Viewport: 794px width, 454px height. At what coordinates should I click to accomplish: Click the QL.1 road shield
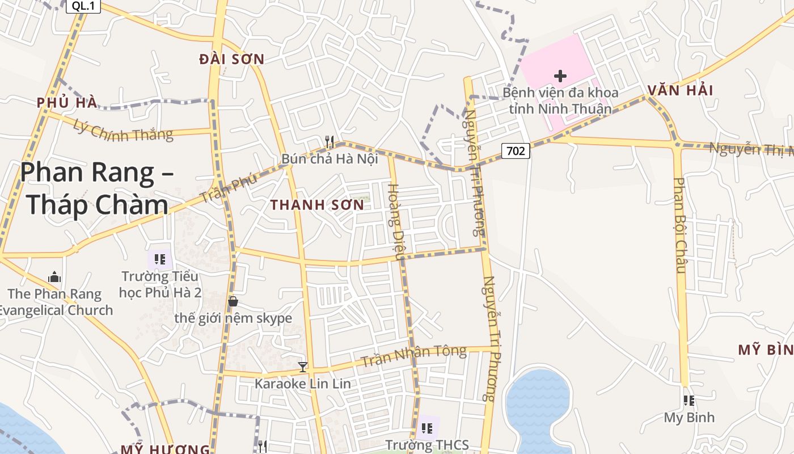point(83,6)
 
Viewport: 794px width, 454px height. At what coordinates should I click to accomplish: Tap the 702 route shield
point(516,150)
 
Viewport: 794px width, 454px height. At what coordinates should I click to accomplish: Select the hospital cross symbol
point(560,75)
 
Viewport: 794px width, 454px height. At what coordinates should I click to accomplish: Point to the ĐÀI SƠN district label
point(232,59)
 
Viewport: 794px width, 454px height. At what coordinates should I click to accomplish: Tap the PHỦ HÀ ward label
point(67,103)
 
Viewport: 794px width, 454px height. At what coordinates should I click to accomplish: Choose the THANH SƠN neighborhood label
point(317,205)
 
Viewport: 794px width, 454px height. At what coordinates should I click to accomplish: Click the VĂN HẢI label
point(680,90)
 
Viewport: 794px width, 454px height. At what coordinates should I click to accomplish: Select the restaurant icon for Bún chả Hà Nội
point(329,141)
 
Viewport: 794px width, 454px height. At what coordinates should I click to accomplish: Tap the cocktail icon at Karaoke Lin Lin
point(303,367)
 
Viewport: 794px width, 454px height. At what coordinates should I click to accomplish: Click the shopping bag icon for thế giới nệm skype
point(233,301)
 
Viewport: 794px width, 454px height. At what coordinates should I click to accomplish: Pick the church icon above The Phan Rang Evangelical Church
point(54,277)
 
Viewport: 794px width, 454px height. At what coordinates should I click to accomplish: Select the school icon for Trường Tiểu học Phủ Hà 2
point(160,259)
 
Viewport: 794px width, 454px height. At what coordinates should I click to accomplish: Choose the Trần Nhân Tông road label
point(413,356)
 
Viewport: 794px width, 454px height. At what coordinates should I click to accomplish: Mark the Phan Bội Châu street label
point(679,225)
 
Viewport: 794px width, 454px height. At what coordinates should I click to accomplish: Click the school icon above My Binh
point(689,401)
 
